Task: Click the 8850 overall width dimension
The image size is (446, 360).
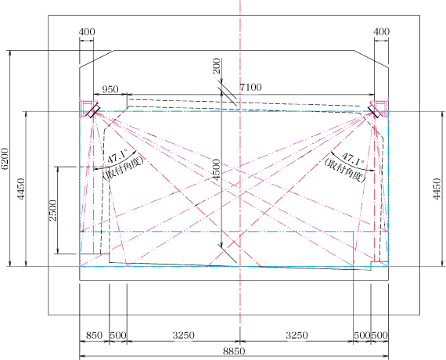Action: tap(234, 351)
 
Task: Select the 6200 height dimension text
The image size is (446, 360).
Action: tap(5, 159)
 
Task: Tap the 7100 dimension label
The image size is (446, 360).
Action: tap(250, 87)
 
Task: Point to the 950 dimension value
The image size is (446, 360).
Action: tap(110, 89)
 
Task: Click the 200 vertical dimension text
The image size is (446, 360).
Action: tap(217, 66)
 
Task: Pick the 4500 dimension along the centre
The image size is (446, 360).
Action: tap(217, 170)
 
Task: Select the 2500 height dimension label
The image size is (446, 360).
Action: tap(53, 211)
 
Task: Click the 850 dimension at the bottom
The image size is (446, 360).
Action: tap(94, 335)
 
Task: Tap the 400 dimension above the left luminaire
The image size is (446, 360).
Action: tap(87, 31)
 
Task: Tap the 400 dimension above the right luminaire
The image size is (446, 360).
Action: tap(381, 31)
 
